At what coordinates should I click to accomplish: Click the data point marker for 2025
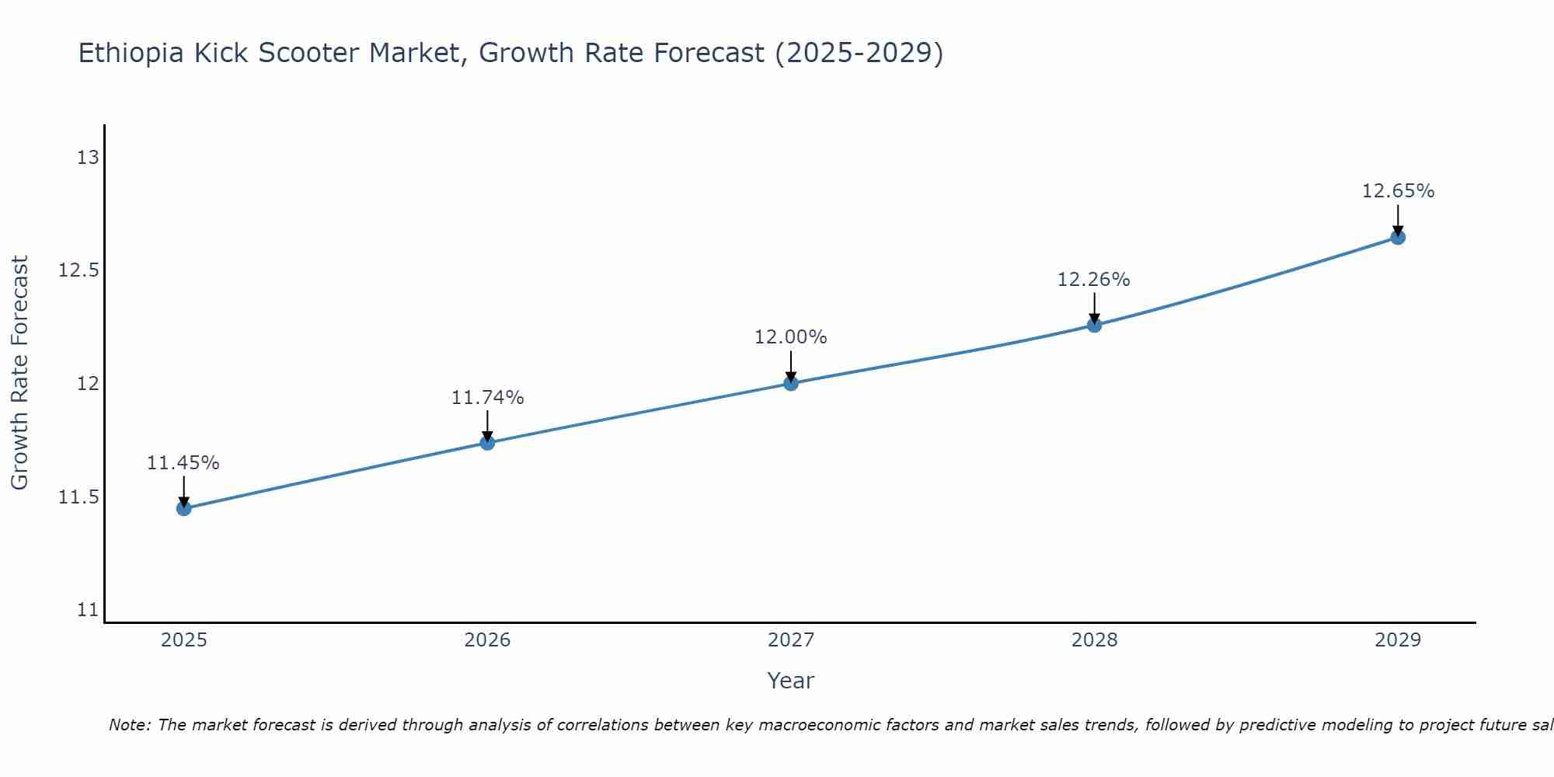coord(184,509)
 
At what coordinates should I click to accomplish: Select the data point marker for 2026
coord(487,443)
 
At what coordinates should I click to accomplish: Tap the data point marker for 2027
coord(791,383)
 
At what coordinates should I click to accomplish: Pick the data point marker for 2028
coord(1094,325)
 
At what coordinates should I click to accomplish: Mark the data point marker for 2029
coord(1398,237)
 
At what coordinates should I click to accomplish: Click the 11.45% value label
coord(183,463)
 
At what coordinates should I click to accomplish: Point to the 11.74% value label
coord(487,398)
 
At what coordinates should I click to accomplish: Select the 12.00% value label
coord(791,337)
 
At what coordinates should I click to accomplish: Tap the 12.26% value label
coord(1093,280)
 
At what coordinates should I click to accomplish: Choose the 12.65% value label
coord(1398,191)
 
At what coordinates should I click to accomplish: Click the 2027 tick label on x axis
coord(791,640)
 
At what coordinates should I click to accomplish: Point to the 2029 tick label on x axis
coord(1398,640)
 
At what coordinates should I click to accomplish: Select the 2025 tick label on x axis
coord(184,640)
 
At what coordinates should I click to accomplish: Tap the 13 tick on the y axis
coord(89,158)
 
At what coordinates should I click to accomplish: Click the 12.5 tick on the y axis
coord(79,270)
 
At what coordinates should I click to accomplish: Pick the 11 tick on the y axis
coord(89,610)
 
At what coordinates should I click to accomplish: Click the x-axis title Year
coord(791,681)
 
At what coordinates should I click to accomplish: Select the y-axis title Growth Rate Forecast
coord(19,373)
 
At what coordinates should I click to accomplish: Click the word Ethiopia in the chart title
coord(131,53)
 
